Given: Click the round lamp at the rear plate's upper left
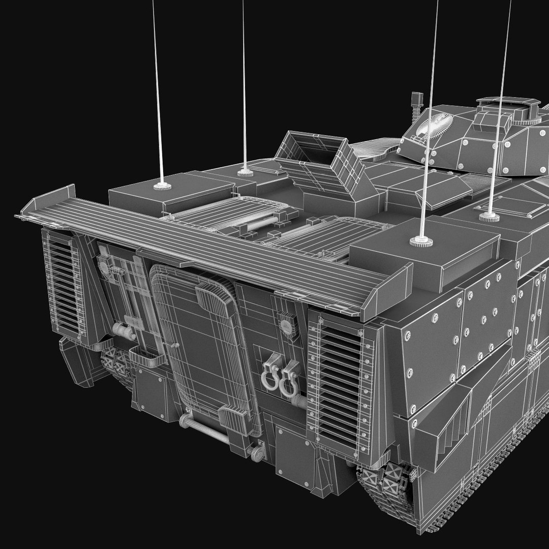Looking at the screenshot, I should pyautogui.click(x=105, y=265).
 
